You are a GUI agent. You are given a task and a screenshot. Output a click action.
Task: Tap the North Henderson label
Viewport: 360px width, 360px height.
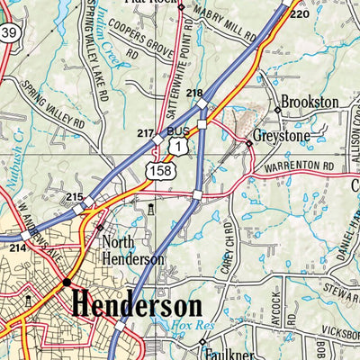[133, 250]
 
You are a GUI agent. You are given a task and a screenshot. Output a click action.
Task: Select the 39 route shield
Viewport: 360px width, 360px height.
[9, 33]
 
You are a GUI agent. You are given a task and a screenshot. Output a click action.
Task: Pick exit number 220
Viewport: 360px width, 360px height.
[299, 15]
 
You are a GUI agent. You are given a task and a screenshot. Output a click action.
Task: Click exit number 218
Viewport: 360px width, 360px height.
[194, 94]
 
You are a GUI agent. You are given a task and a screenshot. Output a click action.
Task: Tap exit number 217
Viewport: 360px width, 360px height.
[145, 133]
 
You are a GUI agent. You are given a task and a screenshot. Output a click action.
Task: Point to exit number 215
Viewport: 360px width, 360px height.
[75, 197]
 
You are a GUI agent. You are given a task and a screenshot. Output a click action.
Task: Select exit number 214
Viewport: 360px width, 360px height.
[18, 247]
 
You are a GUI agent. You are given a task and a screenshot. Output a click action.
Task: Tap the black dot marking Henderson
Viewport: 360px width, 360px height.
[66, 282]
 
